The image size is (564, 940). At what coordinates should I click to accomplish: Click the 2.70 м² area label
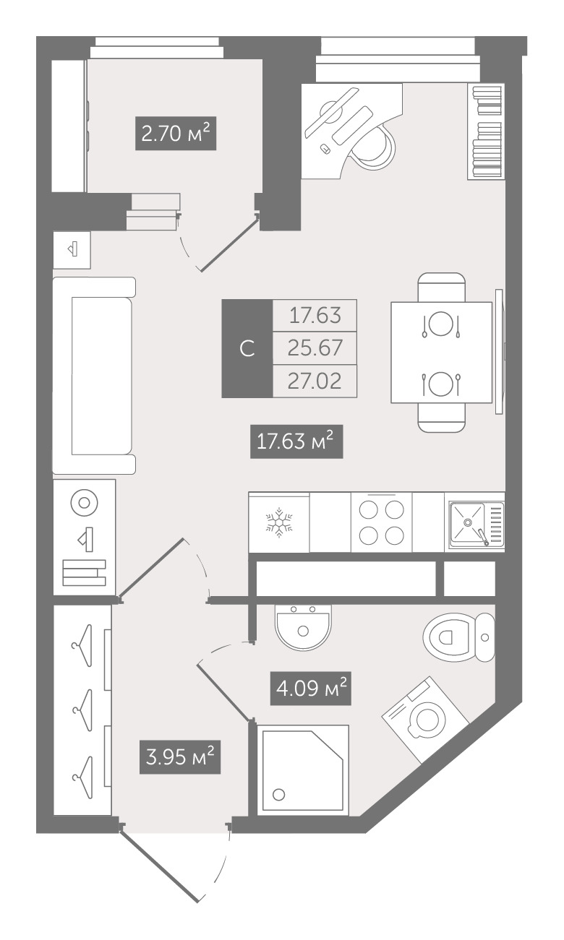[x=176, y=134]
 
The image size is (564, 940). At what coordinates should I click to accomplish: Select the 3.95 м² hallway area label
[x=180, y=757]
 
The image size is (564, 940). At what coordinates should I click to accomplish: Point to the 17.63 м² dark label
[x=296, y=441]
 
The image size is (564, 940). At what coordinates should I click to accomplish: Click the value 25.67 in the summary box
[x=315, y=348]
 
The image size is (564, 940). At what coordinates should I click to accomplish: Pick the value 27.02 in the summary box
[x=315, y=381]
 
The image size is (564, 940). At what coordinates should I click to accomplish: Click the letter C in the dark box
[x=247, y=348]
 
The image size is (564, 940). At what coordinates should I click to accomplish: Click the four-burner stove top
[x=381, y=522]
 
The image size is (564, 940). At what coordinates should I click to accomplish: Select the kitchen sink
[x=477, y=525]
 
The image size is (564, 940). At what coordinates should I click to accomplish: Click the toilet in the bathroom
[x=458, y=637]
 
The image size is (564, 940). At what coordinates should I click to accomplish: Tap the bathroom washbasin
[x=303, y=628]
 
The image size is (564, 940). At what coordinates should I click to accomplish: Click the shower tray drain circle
[x=278, y=794]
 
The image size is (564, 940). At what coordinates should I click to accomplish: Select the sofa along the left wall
[x=94, y=376]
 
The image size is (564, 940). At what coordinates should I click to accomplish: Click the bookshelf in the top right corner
[x=487, y=131]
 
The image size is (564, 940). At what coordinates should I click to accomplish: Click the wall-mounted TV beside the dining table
[x=499, y=352]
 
